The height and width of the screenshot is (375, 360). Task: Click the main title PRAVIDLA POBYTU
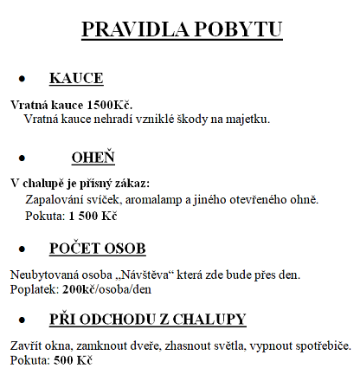click(x=181, y=29)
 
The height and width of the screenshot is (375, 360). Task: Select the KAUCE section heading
click(x=76, y=79)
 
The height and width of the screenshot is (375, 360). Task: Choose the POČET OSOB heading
click(x=97, y=249)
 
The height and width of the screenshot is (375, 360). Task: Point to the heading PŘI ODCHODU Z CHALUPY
click(x=148, y=319)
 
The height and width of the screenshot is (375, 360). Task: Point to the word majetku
click(x=249, y=119)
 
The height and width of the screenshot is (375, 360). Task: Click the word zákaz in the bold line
click(x=131, y=183)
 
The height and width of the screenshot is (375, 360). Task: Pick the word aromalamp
click(x=149, y=199)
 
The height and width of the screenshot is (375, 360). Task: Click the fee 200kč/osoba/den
click(x=106, y=288)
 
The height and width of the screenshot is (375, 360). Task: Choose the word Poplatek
click(x=33, y=288)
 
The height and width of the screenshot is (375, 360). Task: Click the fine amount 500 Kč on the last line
click(x=73, y=359)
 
